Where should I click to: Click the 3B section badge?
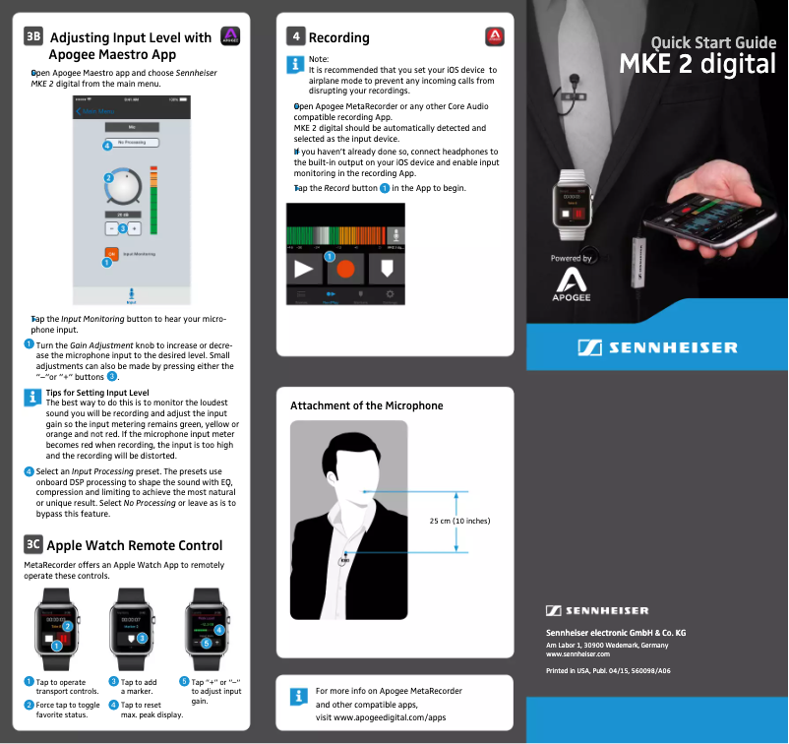click(x=33, y=37)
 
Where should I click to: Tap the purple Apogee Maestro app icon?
click(x=231, y=37)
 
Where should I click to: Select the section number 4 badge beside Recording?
click(x=295, y=37)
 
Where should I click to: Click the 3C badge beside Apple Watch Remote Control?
click(x=33, y=545)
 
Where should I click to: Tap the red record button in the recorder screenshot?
click(x=344, y=267)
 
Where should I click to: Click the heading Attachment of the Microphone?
click(x=366, y=405)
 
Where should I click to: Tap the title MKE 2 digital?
click(x=697, y=64)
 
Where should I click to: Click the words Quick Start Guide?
click(x=713, y=42)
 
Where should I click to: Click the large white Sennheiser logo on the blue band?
click(x=656, y=347)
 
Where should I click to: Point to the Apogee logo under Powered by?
click(x=571, y=286)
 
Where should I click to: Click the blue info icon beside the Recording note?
click(x=295, y=64)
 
